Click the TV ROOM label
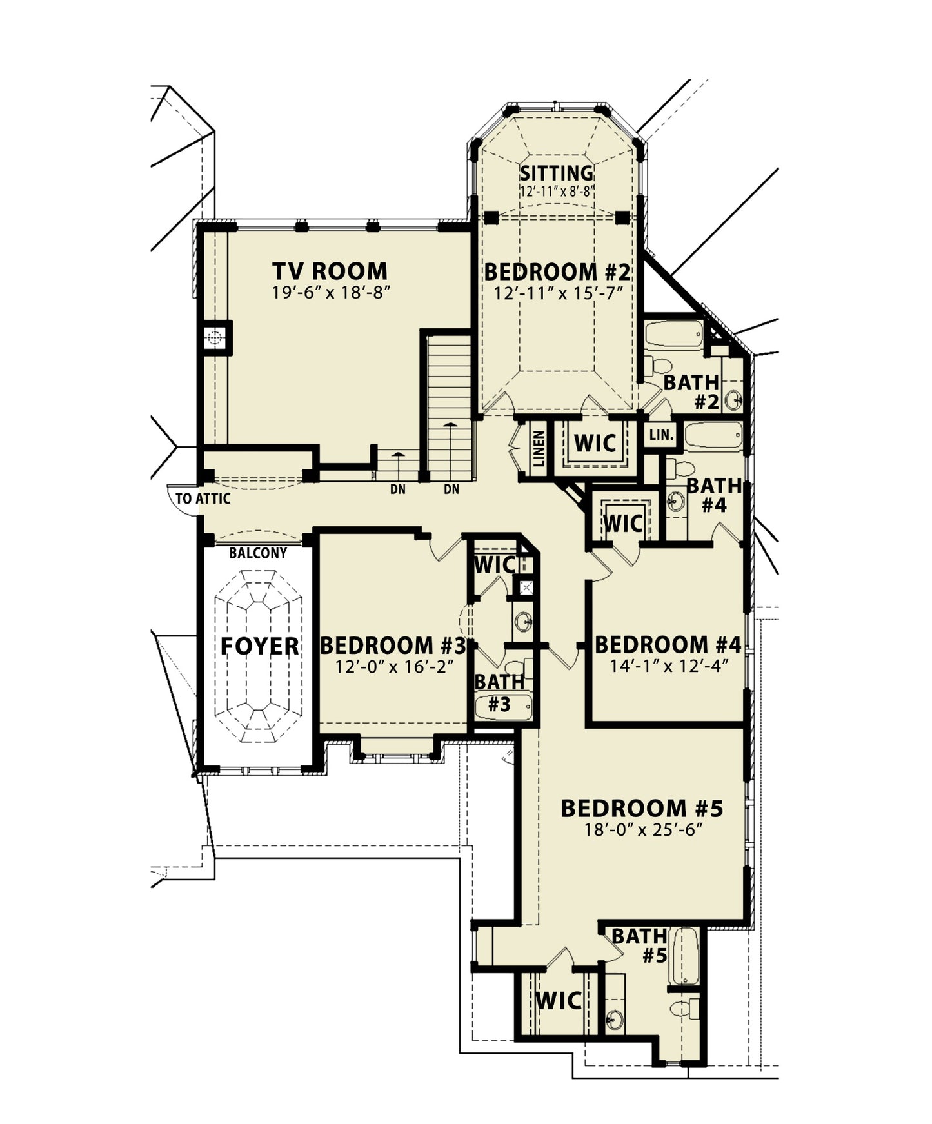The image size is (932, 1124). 330,271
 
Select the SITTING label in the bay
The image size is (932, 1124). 557,173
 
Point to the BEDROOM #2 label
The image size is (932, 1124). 557,271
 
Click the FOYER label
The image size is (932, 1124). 259,646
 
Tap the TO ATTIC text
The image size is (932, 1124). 203,498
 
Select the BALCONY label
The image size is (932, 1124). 258,553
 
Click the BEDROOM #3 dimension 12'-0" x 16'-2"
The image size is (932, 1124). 392,666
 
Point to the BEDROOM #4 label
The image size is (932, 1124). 668,644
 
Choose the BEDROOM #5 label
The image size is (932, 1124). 642,808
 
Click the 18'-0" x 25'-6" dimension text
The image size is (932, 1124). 643,829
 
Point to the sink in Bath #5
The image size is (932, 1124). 615,1020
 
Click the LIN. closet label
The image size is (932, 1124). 661,435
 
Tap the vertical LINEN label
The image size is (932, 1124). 539,449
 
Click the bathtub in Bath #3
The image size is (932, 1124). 504,707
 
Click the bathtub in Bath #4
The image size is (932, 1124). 714,437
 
